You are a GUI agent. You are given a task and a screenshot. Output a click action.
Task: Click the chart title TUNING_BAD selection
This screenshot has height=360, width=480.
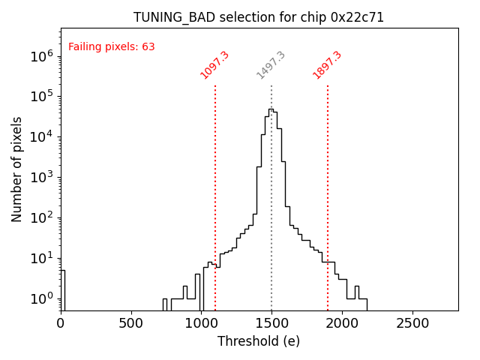coord(259,17)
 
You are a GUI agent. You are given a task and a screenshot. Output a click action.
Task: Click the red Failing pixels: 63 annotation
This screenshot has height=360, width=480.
coord(112,46)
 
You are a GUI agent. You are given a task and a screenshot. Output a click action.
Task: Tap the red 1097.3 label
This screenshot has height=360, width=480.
coord(214,65)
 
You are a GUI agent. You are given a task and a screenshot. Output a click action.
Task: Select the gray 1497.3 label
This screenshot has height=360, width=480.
coord(271,65)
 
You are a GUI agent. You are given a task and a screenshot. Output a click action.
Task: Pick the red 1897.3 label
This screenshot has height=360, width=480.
coord(327,65)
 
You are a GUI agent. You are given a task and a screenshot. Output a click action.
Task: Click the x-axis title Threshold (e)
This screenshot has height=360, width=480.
coord(259,341)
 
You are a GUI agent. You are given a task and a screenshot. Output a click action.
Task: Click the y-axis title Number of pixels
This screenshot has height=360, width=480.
coord(16,169)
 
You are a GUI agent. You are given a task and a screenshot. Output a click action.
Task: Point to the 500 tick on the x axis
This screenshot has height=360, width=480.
coord(131,323)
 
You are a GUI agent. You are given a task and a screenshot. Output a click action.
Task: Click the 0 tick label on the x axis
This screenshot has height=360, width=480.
coord(61,323)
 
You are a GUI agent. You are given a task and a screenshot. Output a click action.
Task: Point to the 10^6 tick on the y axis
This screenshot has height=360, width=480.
coord(40,55)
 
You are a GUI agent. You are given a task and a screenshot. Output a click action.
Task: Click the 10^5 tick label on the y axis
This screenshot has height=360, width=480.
coord(40,96)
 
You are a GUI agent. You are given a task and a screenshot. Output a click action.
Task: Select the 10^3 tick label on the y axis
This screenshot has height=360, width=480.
coord(40,177)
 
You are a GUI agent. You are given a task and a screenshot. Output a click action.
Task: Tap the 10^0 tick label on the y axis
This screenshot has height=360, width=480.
coord(40,298)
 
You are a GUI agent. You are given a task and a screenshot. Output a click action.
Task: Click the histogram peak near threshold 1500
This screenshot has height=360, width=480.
coord(271,109)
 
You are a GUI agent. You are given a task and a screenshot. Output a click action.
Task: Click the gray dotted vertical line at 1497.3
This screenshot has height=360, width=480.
coord(271,225)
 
